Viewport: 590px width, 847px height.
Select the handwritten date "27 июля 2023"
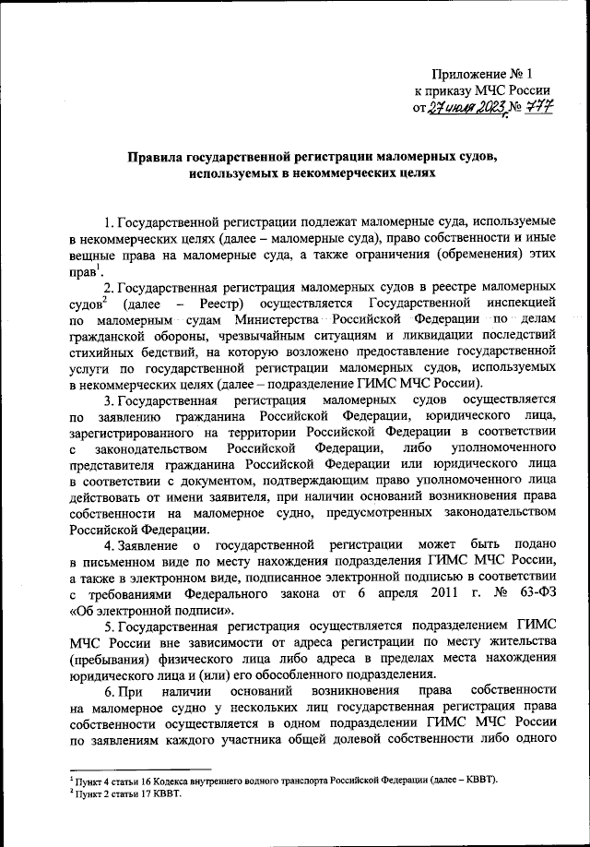click(448, 108)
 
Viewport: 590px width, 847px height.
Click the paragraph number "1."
click(109, 222)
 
